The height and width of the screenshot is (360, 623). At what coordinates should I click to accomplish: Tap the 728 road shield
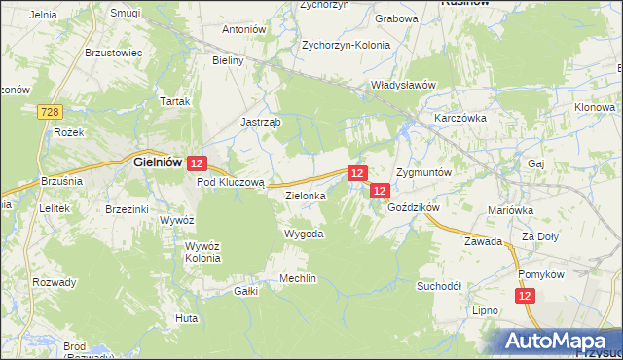pyautogui.click(x=52, y=114)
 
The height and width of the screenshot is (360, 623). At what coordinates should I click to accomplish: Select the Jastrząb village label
pyautogui.click(x=261, y=123)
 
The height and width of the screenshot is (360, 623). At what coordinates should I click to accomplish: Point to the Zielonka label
pyautogui.click(x=305, y=196)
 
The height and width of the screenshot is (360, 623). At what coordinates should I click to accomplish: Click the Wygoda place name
pyautogui.click(x=303, y=234)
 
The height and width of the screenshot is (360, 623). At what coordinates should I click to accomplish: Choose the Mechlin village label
pyautogui.click(x=298, y=279)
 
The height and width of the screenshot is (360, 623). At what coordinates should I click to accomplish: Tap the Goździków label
pyautogui.click(x=415, y=208)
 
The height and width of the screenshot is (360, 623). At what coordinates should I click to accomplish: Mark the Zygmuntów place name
pyautogui.click(x=423, y=172)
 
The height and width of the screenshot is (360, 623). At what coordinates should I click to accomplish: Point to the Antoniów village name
pyautogui.click(x=244, y=30)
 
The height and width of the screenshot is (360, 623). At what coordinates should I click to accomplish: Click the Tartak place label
pyautogui.click(x=175, y=102)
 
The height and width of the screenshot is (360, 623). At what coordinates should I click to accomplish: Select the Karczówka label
pyautogui.click(x=460, y=118)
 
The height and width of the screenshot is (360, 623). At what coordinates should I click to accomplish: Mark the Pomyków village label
pyautogui.click(x=542, y=275)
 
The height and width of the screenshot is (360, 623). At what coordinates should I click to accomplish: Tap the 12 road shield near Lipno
pyautogui.click(x=526, y=296)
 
